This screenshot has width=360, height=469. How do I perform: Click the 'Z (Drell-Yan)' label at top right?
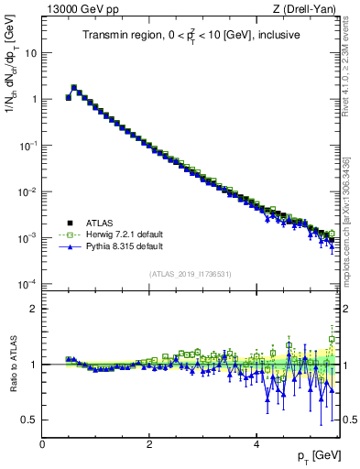coord(307,9)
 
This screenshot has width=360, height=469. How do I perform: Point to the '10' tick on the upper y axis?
coord(31,52)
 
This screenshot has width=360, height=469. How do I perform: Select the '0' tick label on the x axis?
coord(42,442)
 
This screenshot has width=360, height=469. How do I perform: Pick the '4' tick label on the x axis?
coord(256,442)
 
